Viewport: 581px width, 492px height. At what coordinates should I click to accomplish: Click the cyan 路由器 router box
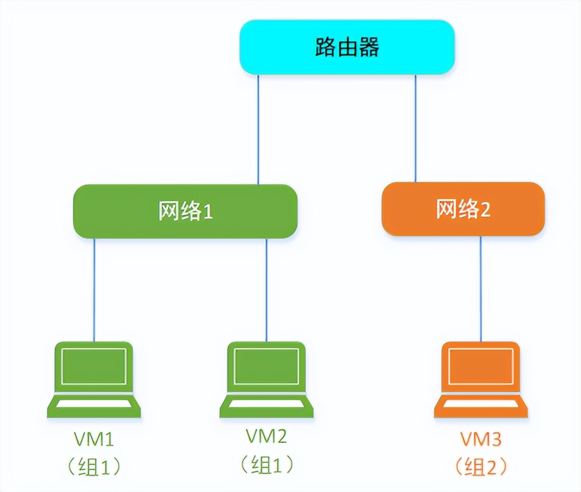pyautogui.click(x=347, y=48)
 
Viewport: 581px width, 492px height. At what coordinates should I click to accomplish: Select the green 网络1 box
pyautogui.click(x=185, y=211)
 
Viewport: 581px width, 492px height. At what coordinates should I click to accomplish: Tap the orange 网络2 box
pyautogui.click(x=463, y=209)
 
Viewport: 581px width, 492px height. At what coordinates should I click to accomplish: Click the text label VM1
pyautogui.click(x=95, y=439)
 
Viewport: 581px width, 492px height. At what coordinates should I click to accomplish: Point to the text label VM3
pyautogui.click(x=481, y=439)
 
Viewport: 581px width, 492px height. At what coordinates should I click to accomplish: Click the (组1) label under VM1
pyautogui.click(x=95, y=466)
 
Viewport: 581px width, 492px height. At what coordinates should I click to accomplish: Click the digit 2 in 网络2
pyautogui.click(x=484, y=210)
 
